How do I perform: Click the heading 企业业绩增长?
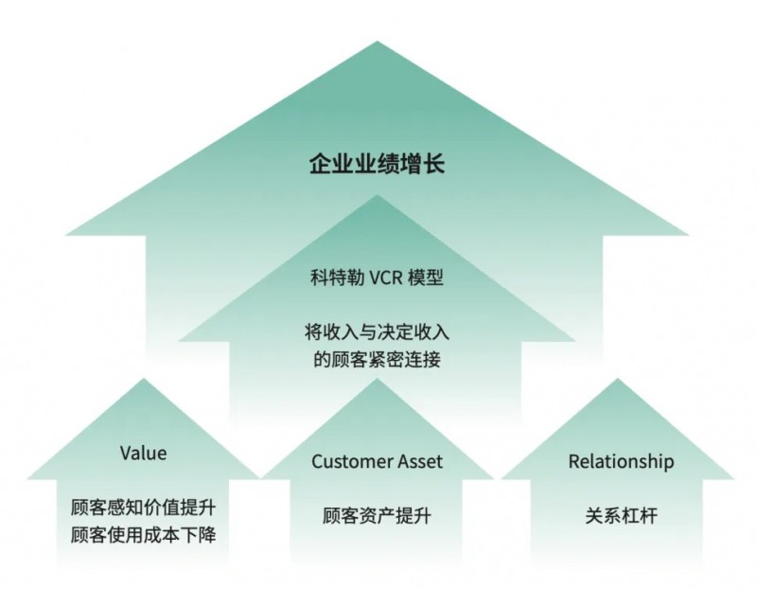point(377,163)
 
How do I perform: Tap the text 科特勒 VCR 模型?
point(377,277)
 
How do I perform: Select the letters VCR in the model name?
point(386,278)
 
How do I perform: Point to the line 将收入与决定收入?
point(377,332)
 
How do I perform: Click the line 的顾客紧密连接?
point(377,359)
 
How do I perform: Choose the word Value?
point(144,454)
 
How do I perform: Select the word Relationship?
point(621,461)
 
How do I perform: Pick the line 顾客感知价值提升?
point(144,508)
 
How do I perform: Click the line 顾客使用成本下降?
point(144,534)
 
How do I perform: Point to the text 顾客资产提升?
point(377,515)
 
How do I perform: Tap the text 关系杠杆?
point(621,515)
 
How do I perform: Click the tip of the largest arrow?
point(377,42)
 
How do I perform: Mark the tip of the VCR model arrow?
point(377,195)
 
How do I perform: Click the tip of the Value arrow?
point(144,379)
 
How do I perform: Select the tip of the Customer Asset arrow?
point(377,379)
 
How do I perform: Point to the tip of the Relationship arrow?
point(618,379)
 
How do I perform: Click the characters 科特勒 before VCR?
point(337,277)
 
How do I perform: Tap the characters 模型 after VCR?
point(425,277)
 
